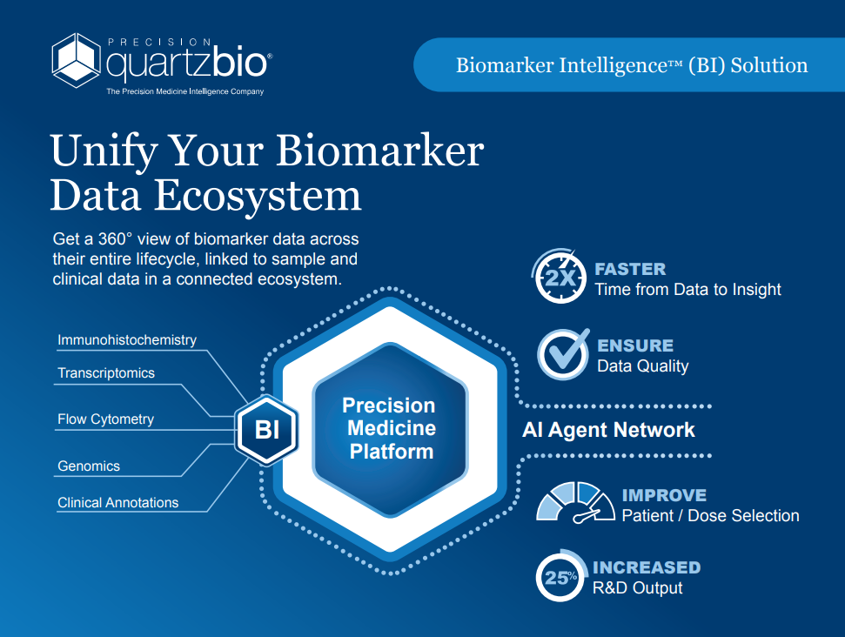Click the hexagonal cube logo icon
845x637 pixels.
pyautogui.click(x=76, y=60)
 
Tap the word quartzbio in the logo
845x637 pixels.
pyautogui.click(x=186, y=64)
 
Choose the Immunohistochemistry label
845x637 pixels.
pyautogui.click(x=127, y=340)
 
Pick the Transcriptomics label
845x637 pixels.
pyautogui.click(x=106, y=373)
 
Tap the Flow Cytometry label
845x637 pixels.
pyautogui.click(x=105, y=419)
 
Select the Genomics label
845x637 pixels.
pyautogui.click(x=89, y=466)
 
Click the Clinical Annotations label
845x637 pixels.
pyautogui.click(x=118, y=502)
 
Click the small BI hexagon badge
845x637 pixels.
pyautogui.click(x=266, y=430)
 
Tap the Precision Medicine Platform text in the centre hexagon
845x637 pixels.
pyautogui.click(x=390, y=428)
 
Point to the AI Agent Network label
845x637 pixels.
pyautogui.click(x=608, y=430)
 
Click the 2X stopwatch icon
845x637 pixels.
pyautogui.click(x=560, y=277)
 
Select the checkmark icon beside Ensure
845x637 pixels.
pyautogui.click(x=564, y=354)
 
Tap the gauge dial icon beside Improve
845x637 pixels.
pyautogui.click(x=575, y=503)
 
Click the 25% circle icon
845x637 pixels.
pyautogui.click(x=561, y=576)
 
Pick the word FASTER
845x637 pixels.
pyautogui.click(x=630, y=269)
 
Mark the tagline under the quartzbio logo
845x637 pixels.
pyautogui.click(x=184, y=91)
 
